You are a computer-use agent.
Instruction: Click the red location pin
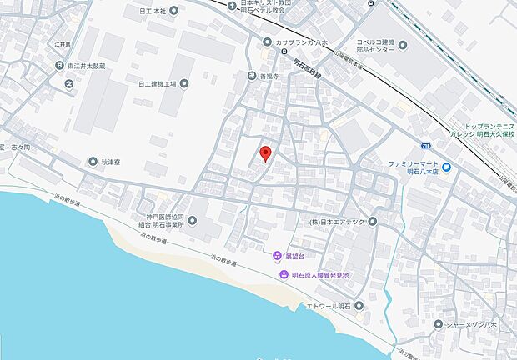click(x=265, y=153)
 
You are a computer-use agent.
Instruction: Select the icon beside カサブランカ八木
click(x=266, y=42)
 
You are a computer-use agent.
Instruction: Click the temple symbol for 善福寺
click(x=252, y=76)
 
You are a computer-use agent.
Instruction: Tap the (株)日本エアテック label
click(x=334, y=222)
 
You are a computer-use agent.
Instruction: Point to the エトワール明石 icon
click(x=359, y=307)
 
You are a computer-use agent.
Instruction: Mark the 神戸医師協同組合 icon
click(x=193, y=221)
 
